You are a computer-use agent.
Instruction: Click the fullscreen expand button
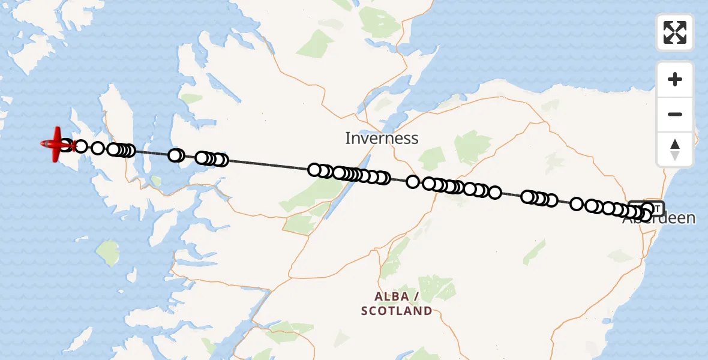coord(675,32)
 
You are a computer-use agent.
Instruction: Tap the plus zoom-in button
coord(675,79)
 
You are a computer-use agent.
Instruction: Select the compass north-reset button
coord(675,149)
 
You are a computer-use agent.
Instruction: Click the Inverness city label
coord(382,139)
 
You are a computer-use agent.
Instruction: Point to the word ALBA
coord(392,297)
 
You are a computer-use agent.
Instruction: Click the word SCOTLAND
coord(397,311)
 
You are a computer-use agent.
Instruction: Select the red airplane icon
coord(57,145)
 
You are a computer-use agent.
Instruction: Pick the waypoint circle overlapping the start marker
coord(647,209)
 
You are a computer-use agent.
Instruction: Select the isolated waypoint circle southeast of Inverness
coord(413,181)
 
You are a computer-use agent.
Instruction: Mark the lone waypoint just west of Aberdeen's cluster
coord(577,203)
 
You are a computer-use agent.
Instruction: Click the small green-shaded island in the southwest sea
coord(107,253)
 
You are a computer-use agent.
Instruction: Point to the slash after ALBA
coord(415,297)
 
